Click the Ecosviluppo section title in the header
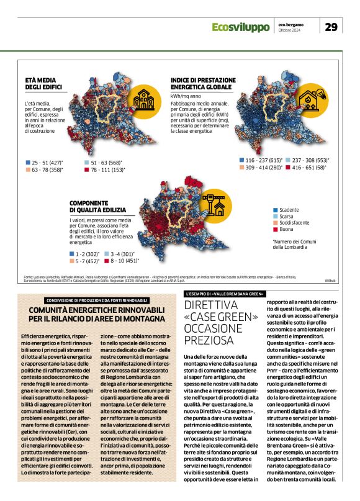coord(240,27)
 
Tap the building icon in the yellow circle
coord(145,100)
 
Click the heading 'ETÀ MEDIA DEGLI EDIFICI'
coord(43,86)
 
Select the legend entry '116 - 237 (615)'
coord(261,160)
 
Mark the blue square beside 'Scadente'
coord(275,210)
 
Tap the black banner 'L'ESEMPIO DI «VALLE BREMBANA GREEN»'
coord(225,293)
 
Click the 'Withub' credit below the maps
coord(329,281)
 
